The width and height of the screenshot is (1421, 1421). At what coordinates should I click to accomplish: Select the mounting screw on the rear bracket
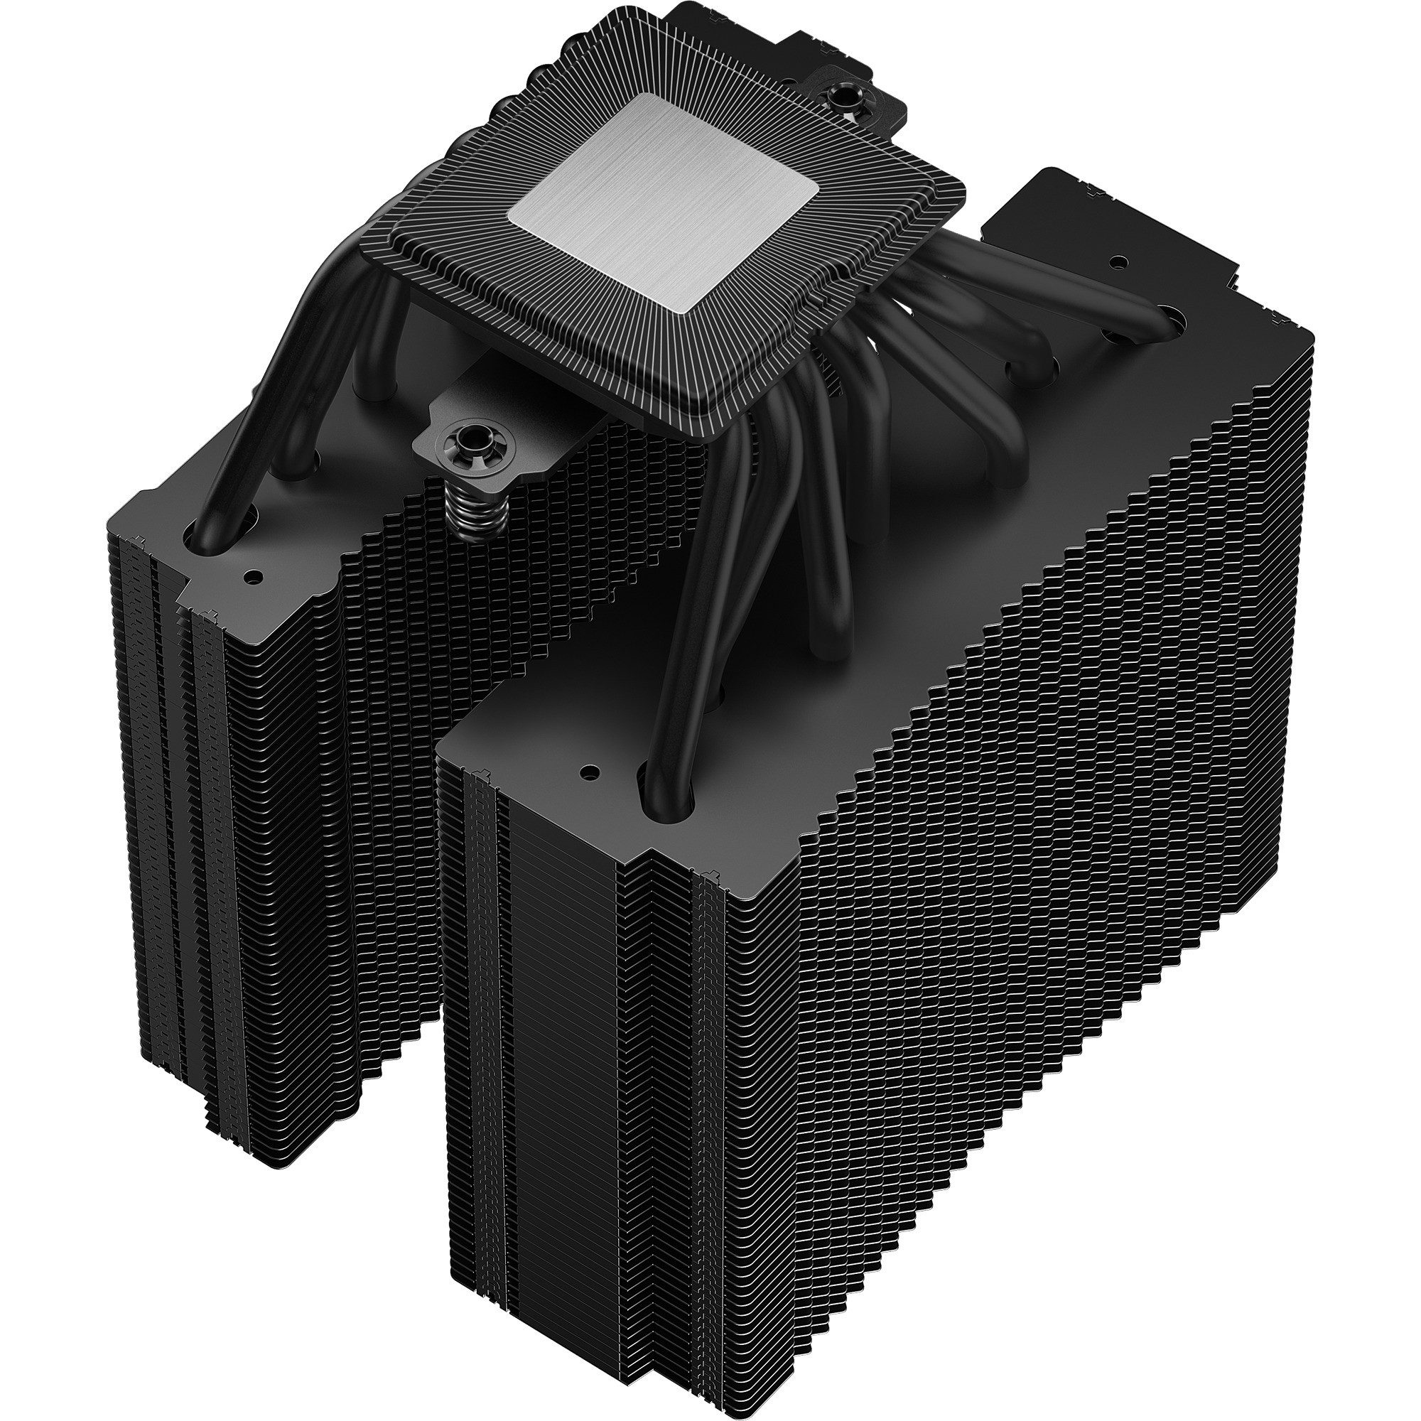pyautogui.click(x=839, y=95)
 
